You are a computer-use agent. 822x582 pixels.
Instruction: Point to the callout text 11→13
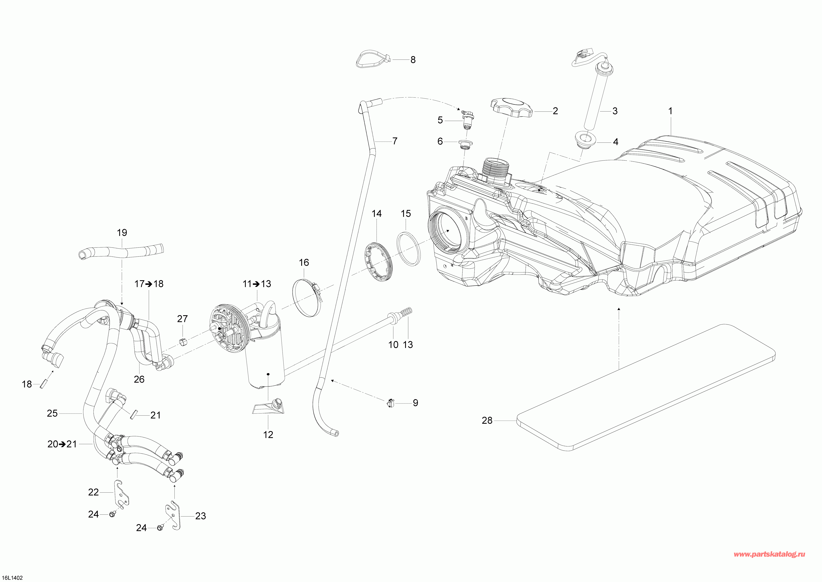[x=257, y=284]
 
